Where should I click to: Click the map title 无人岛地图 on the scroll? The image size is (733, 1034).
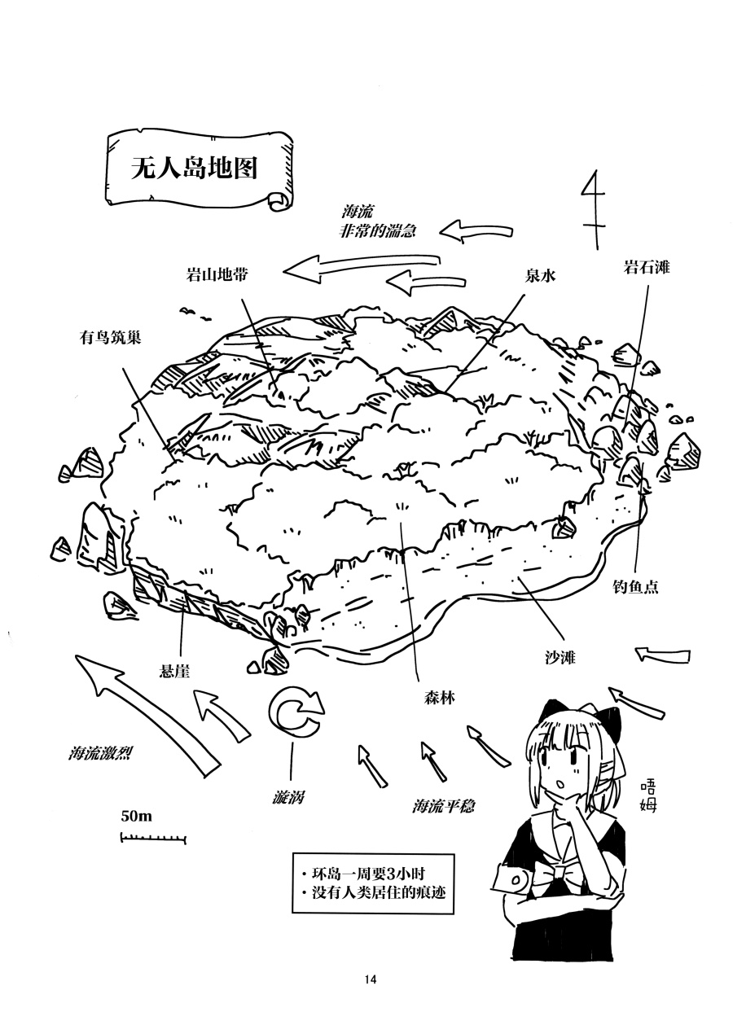[194, 168]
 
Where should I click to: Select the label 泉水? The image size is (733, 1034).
[540, 276]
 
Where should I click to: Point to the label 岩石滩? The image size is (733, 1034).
[647, 267]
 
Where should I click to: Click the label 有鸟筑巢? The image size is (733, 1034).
[110, 336]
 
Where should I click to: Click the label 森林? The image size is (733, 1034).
[439, 698]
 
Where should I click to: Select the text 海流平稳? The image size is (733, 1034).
[443, 806]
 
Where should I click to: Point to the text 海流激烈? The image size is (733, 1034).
[101, 753]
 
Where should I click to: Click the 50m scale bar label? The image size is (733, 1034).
[137, 815]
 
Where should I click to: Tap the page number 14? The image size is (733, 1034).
[371, 979]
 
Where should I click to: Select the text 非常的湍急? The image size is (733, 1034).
[377, 231]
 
